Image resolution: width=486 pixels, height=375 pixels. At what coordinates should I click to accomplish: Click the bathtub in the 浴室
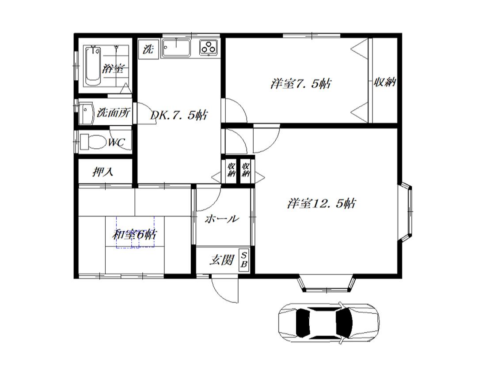(x=93, y=66)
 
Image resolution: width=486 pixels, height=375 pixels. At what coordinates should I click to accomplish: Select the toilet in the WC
(x=92, y=141)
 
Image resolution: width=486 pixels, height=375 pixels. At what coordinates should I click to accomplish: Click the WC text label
(x=117, y=142)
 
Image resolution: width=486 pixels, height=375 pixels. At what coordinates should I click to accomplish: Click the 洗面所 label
(x=114, y=112)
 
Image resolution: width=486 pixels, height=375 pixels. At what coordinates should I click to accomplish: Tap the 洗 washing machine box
(x=148, y=49)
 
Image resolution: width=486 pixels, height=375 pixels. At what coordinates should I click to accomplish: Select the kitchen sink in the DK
(x=176, y=48)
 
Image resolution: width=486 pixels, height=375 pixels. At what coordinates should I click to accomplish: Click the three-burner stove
(x=209, y=48)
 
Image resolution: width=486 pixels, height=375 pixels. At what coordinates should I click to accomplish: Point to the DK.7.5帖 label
(x=179, y=115)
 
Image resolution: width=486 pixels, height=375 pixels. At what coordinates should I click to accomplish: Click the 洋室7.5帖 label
(x=300, y=83)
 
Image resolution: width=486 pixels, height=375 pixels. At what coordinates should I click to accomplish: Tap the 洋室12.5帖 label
(x=321, y=203)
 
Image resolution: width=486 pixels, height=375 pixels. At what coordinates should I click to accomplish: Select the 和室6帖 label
(x=134, y=235)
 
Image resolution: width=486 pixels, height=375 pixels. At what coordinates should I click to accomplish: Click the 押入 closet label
(x=103, y=172)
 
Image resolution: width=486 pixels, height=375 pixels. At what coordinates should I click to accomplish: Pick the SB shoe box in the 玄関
(x=244, y=260)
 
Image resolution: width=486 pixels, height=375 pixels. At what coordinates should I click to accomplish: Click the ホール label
(x=222, y=219)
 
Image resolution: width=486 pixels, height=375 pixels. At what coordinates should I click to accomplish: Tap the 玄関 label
(x=221, y=260)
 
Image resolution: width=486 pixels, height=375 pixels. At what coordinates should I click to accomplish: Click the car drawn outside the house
(x=329, y=322)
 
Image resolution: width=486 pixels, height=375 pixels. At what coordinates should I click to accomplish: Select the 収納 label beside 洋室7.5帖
(x=385, y=82)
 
